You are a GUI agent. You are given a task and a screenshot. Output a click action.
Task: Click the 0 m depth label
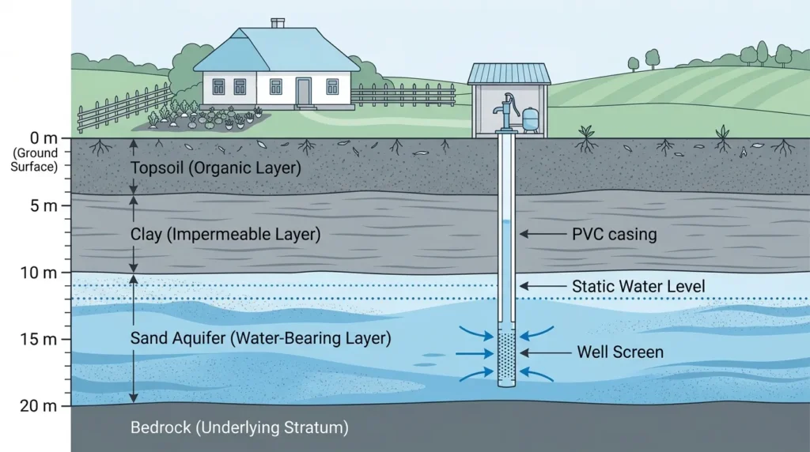tap(44, 138)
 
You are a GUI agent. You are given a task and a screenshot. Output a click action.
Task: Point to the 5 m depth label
tap(44, 205)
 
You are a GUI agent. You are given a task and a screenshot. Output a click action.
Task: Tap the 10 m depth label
tap(39, 273)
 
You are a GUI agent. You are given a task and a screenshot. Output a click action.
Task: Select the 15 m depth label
tap(39, 340)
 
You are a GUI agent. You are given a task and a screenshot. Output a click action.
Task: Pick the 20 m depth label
tap(39, 406)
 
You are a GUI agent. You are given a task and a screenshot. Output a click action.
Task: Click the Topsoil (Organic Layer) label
tap(215, 168)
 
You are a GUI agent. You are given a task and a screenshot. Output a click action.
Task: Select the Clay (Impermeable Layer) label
tap(225, 234)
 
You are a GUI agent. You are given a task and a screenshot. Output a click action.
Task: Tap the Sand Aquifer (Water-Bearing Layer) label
tap(260, 338)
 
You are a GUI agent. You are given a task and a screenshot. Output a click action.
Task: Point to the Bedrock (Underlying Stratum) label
tap(239, 428)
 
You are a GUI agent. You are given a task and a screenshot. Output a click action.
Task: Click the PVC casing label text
tap(614, 234)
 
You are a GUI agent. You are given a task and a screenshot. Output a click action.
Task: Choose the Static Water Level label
tap(638, 286)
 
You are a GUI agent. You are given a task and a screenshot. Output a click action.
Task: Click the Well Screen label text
tap(620, 352)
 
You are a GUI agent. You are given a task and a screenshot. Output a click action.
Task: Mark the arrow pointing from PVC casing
tap(543, 234)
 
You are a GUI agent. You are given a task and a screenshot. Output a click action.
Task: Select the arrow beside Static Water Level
tap(543, 286)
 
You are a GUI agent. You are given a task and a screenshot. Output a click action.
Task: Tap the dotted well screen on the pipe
tap(506, 356)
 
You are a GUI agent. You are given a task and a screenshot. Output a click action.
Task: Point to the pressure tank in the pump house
tap(530, 119)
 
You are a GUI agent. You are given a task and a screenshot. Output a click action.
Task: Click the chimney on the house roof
tap(278, 23)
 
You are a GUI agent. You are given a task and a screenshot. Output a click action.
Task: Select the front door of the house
tap(304, 92)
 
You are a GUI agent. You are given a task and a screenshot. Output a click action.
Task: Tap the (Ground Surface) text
tap(35, 160)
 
